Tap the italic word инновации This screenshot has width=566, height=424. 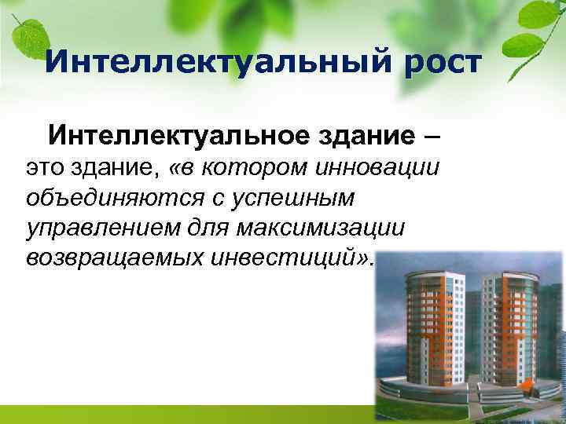pyautogui.click(x=377, y=168)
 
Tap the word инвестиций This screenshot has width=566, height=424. pyautogui.click(x=291, y=258)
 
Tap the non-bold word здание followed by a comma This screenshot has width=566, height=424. pyautogui.click(x=119, y=168)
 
